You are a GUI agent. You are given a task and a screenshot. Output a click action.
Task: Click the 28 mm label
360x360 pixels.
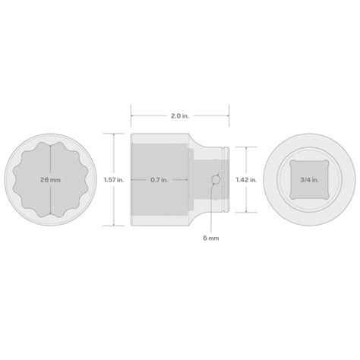[51, 180]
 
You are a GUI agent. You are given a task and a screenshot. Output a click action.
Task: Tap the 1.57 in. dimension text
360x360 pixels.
[115, 180]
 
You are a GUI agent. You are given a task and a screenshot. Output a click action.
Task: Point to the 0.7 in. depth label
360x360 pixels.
[159, 180]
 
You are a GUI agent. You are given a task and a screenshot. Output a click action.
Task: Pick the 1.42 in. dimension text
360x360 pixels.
[245, 180]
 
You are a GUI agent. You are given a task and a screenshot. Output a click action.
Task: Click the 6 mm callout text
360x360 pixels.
[212, 237]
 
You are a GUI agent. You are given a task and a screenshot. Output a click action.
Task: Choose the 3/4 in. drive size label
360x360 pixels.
[308, 180]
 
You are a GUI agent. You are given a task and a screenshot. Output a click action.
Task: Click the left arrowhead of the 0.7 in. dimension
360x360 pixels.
[134, 180]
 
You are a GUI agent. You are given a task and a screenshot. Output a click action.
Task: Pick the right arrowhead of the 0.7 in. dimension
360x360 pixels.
[187, 180]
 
